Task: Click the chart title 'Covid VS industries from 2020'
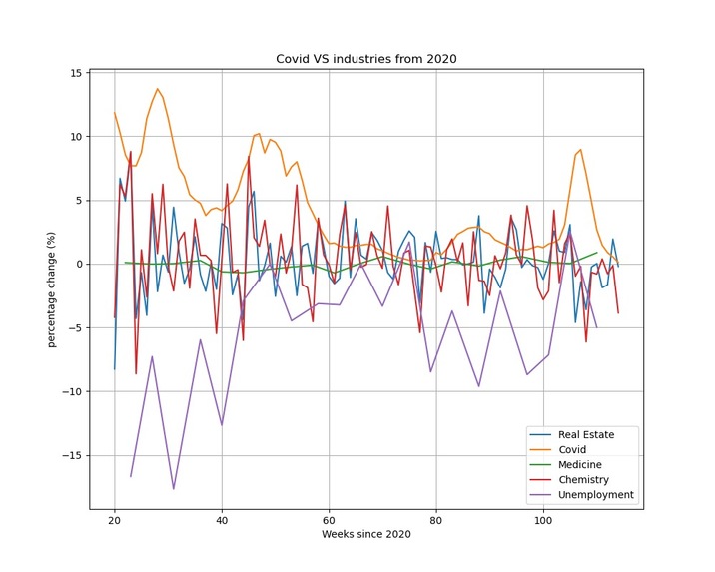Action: coord(365,59)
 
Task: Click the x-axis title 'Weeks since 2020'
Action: coord(365,534)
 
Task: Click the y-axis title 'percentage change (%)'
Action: coord(51,289)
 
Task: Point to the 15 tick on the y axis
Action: coord(75,73)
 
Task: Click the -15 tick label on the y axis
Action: coord(72,455)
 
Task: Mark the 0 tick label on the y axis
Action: coord(78,265)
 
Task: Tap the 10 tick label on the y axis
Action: coord(75,137)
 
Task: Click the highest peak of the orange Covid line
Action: coord(157,89)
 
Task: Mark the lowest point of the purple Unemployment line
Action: coord(173,489)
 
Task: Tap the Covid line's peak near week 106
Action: coord(580,150)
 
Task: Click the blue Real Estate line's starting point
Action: coord(115,369)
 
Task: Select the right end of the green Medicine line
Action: coord(597,253)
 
